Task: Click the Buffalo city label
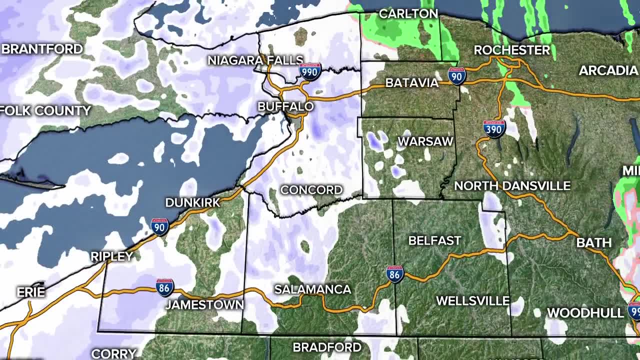[x=285, y=106]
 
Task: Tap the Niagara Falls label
[x=255, y=60]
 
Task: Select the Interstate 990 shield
[x=310, y=72]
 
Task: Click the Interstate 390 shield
[x=494, y=128]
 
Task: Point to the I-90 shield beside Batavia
[x=456, y=76]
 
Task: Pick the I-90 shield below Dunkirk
[x=159, y=226]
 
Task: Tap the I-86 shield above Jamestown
[x=164, y=287]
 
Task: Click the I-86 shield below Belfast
[x=394, y=274]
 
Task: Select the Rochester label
[x=511, y=50]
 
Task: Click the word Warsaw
[x=425, y=141]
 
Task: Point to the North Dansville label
[x=512, y=186]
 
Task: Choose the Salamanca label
[x=312, y=289]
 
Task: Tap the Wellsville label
[x=472, y=301]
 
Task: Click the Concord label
[x=311, y=190]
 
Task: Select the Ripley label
[x=111, y=256]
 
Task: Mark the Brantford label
[x=42, y=49]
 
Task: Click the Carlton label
[x=408, y=14]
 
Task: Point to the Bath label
[x=593, y=243]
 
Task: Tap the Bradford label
[x=326, y=347]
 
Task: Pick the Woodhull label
[x=585, y=313]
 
